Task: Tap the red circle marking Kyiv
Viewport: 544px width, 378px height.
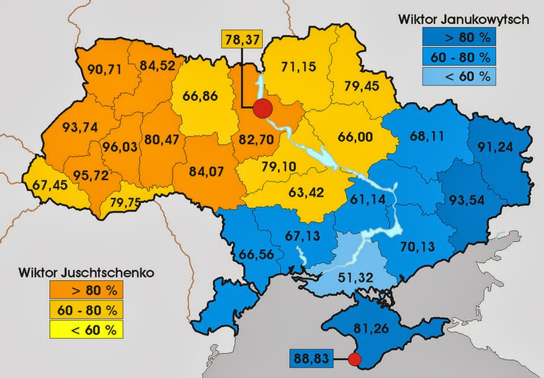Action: tap(264, 108)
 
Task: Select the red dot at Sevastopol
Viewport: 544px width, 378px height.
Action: tap(354, 359)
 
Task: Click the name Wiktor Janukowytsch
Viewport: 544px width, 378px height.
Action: tap(464, 19)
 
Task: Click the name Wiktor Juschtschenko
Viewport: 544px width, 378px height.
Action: tap(77, 272)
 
